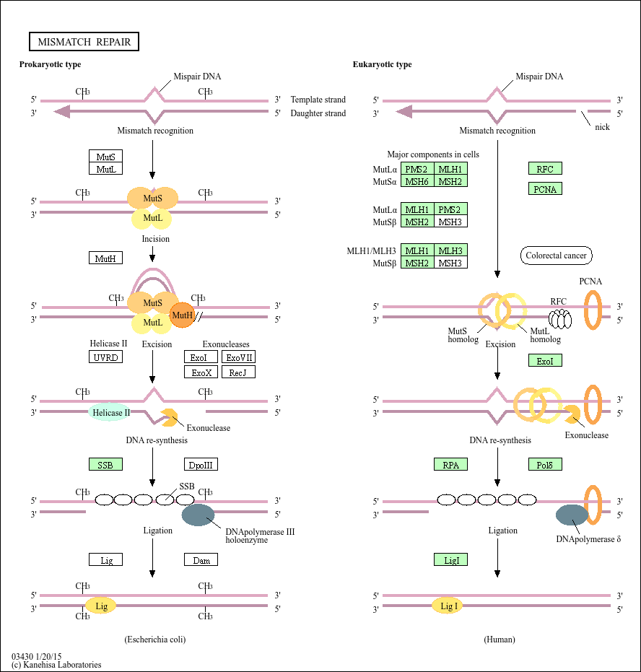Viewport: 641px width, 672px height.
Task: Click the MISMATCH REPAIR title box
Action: pyautogui.click(x=84, y=42)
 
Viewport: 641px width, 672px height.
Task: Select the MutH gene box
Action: pyautogui.click(x=105, y=258)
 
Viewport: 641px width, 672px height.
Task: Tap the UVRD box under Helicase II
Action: pyautogui.click(x=105, y=357)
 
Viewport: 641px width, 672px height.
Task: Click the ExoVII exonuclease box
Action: pyautogui.click(x=238, y=357)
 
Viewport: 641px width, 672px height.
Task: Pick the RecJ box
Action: pyautogui.click(x=238, y=372)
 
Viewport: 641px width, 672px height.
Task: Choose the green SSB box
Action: pyautogui.click(x=105, y=464)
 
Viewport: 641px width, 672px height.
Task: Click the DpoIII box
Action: pyautogui.click(x=201, y=464)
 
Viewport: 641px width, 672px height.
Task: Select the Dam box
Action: pyautogui.click(x=201, y=559)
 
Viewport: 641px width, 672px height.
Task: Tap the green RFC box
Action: pyautogui.click(x=545, y=169)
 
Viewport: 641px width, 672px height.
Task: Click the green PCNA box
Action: pyautogui.click(x=545, y=189)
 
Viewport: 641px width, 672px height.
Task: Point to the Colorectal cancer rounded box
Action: pyautogui.click(x=556, y=256)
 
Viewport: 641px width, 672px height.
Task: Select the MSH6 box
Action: pyautogui.click(x=417, y=181)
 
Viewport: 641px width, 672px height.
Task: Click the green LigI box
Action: pyautogui.click(x=451, y=559)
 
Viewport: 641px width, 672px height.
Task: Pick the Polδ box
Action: pyautogui.click(x=545, y=464)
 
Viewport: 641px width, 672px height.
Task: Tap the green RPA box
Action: pyautogui.click(x=451, y=464)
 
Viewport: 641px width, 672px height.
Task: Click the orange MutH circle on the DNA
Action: pyautogui.click(x=183, y=315)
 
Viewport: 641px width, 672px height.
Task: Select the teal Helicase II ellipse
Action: pyautogui.click(x=111, y=413)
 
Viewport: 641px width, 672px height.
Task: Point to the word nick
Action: pyautogui.click(x=602, y=127)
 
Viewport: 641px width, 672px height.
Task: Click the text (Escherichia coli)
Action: pyautogui.click(x=160, y=640)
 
